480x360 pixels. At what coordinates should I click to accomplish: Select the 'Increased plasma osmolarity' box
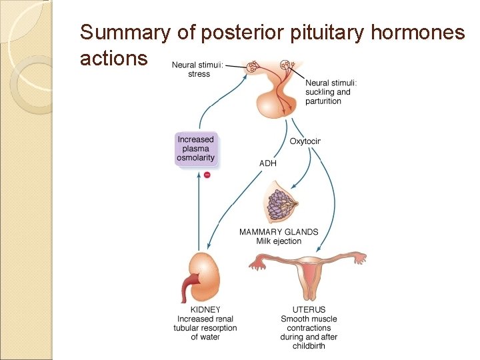tap(196, 149)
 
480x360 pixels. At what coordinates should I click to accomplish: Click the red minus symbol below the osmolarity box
tap(207, 175)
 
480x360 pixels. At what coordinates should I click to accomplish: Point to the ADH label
tap(267, 162)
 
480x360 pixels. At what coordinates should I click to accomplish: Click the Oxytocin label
tap(305, 141)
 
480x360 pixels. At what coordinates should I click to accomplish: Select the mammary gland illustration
tap(280, 203)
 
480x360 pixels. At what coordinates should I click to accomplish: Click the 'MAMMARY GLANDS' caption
tap(279, 232)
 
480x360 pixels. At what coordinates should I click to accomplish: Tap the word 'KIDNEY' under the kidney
tap(205, 310)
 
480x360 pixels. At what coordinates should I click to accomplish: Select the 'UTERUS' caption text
tap(309, 310)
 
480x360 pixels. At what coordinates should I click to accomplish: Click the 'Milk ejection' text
tap(279, 241)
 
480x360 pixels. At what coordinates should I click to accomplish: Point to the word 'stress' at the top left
tap(199, 74)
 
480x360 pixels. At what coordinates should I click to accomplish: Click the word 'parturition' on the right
tap(323, 101)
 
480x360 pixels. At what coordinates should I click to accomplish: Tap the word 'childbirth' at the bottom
tap(309, 346)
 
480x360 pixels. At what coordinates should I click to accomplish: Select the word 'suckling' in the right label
tap(319, 92)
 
